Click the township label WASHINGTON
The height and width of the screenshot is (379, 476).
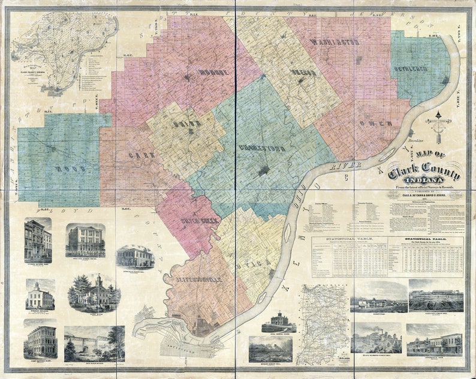coord(335,43)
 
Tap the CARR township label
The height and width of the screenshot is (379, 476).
coord(141,155)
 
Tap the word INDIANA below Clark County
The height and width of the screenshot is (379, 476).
coord(424,182)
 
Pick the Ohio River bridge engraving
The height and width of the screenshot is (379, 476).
coord(94,343)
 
